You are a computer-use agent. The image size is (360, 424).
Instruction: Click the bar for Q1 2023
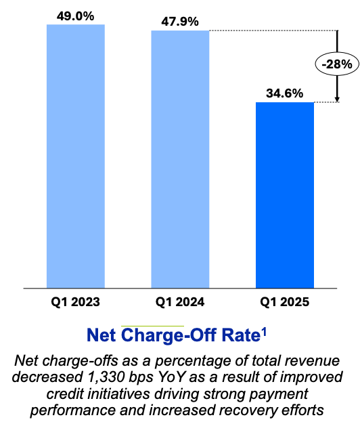[x=75, y=156]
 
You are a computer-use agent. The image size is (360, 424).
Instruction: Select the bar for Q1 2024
[x=180, y=159]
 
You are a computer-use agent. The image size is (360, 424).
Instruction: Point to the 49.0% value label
[x=75, y=13]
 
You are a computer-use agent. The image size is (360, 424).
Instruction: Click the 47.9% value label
[x=180, y=21]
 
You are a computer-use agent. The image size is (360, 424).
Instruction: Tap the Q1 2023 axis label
[x=75, y=301]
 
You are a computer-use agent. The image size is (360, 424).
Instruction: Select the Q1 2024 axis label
[x=180, y=301]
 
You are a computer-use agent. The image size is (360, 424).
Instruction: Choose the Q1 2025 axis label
[x=284, y=301]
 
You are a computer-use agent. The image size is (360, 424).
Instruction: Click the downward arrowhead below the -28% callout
[x=336, y=98]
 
